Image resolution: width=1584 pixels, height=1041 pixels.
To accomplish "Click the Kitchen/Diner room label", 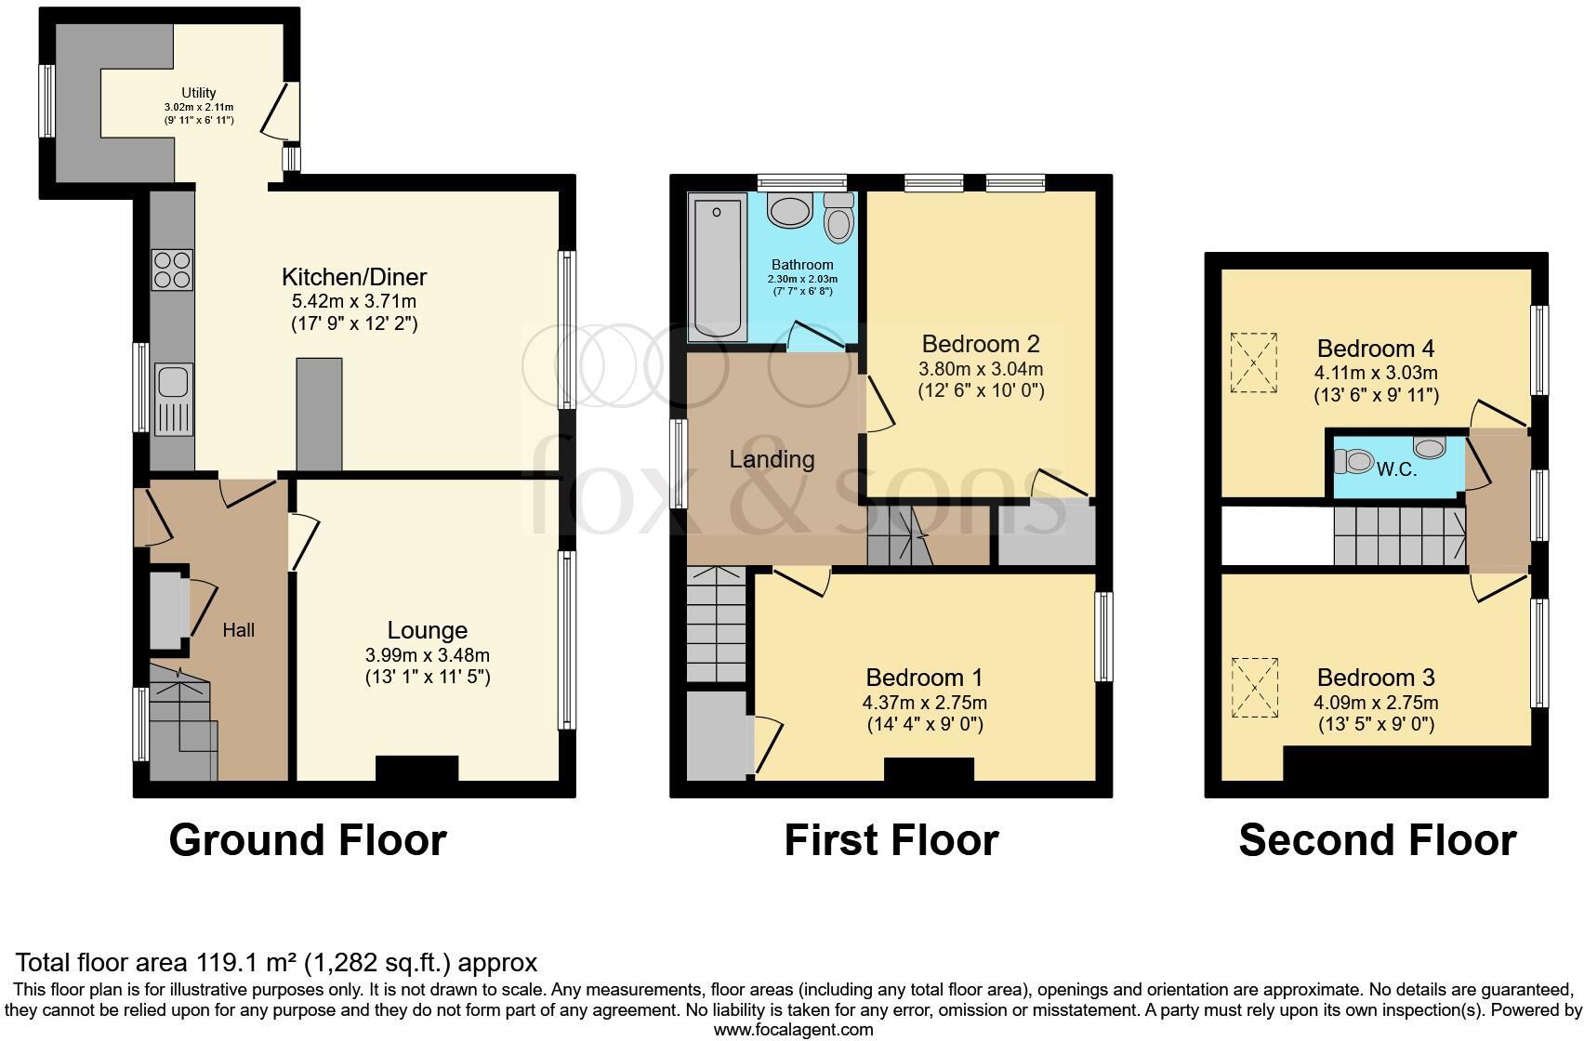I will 354,277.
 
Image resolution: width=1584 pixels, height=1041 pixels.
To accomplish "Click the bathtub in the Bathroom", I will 718,268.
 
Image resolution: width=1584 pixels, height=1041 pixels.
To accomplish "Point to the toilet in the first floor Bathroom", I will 839,219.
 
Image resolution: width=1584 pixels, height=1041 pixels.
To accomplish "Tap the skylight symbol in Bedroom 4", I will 1254,362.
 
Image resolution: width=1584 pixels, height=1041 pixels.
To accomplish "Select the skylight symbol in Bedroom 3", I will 1254,688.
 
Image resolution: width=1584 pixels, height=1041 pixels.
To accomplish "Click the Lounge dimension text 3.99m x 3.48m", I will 428,655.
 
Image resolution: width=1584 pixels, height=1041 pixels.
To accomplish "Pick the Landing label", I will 772,459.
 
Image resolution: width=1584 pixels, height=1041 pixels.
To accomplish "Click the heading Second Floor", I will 1377,840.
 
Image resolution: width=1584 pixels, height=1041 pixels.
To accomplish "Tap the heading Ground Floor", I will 308,840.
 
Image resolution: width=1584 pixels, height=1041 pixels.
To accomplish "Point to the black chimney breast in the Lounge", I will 416,769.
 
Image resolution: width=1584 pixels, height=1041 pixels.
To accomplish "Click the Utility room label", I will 199,93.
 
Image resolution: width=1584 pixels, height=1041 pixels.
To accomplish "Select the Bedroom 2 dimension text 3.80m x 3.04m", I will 981,369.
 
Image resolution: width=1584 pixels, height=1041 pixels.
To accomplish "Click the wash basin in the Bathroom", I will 791,211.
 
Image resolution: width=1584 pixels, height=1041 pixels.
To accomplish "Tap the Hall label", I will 239,630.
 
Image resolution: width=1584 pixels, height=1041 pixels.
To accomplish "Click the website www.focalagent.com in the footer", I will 793,1029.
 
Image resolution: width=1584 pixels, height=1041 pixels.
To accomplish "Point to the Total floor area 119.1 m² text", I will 277,962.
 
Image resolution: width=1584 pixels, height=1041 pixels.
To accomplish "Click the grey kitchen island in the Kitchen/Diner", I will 319,414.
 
